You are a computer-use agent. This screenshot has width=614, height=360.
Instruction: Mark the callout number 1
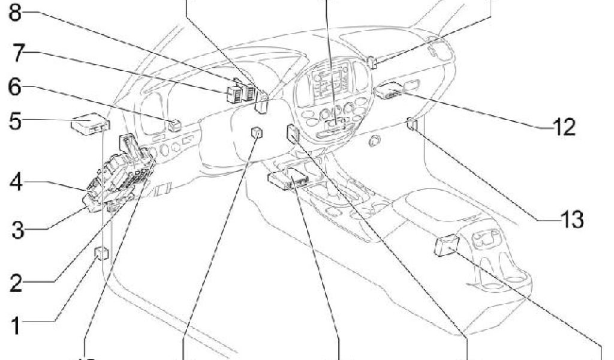pyautogui.click(x=18, y=328)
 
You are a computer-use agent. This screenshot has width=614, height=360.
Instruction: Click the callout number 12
pyautogui.click(x=563, y=127)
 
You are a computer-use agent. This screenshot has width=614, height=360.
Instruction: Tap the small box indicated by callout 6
pyautogui.click(x=175, y=125)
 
